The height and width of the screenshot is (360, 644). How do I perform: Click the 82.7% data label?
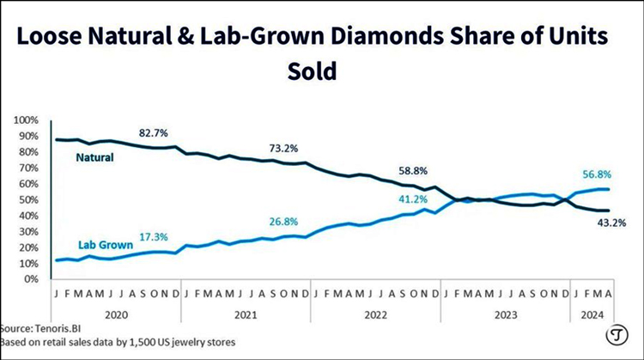pyautogui.click(x=154, y=134)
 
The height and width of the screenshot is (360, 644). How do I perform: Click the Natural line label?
pyautogui.click(x=95, y=157)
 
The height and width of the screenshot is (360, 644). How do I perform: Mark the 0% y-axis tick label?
pyautogui.click(x=32, y=279)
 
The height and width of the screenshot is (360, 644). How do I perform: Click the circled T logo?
pyautogui.click(x=615, y=335)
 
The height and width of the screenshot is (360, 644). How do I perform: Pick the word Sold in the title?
pyautogui.click(x=313, y=71)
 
